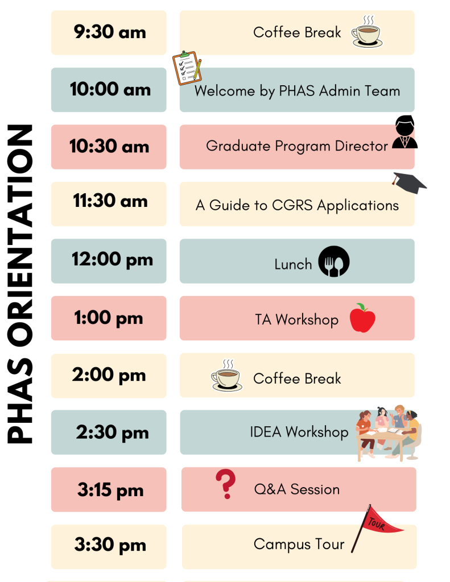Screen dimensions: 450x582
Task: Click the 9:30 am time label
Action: click(110, 32)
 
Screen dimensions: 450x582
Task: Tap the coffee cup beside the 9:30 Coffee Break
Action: click(367, 32)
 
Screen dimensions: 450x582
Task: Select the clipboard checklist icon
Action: click(187, 68)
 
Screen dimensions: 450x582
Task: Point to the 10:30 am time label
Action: click(109, 146)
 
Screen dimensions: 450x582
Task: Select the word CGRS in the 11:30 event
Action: click(292, 205)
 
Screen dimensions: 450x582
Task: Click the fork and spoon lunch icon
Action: click(334, 261)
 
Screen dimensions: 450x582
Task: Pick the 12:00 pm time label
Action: click(112, 259)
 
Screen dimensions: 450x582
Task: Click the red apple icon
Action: click(362, 318)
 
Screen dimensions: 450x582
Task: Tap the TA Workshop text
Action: click(296, 319)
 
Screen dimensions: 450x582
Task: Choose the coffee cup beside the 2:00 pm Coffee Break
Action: click(226, 375)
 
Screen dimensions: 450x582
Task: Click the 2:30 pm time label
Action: click(112, 433)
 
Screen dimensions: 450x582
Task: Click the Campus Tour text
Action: click(299, 544)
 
